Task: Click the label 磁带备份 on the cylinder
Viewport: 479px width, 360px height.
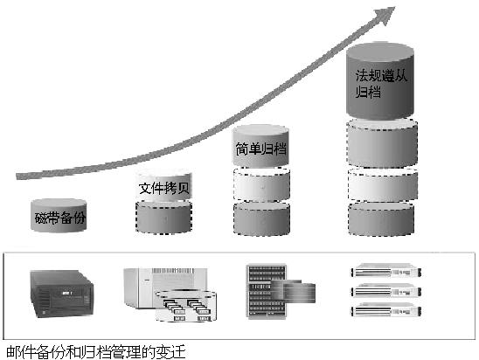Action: coord(59,218)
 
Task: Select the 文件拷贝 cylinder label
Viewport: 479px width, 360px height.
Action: coord(164,188)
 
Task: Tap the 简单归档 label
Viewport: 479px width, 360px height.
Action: coord(260,149)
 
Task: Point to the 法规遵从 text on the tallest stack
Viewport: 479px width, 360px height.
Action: coord(381,75)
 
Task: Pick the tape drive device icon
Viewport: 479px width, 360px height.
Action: coord(62,294)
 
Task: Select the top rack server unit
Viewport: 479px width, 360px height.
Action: coord(385,270)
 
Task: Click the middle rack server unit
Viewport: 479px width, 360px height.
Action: coord(385,290)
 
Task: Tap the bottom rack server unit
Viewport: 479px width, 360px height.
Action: coord(385,309)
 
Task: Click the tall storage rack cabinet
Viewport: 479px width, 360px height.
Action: coord(267,292)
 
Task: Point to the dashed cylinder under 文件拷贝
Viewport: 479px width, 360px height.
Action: coord(163,218)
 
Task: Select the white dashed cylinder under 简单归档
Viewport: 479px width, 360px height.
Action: coord(261,184)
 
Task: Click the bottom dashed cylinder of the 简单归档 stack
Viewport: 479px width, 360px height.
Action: coord(261,218)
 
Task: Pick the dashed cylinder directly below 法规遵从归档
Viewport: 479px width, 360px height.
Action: coord(382,143)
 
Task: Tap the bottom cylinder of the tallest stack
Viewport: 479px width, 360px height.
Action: coord(381,219)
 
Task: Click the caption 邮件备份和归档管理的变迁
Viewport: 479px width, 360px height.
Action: coord(96,352)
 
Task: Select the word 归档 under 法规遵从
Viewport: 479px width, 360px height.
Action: coord(368,92)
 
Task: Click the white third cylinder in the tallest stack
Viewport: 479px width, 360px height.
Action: coord(383,185)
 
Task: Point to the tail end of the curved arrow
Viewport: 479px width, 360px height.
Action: coord(17,177)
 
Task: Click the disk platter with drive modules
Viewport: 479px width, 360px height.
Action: coord(185,306)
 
